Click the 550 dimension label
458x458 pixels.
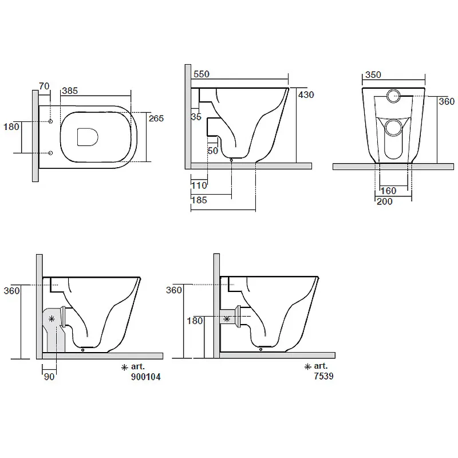(202, 74)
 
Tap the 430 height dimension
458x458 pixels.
(306, 94)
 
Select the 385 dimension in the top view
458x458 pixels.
(70, 91)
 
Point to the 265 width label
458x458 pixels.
(156, 119)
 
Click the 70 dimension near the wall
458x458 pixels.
(44, 86)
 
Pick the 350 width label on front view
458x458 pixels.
(373, 75)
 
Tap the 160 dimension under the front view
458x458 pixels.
(388, 191)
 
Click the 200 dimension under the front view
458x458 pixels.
(384, 202)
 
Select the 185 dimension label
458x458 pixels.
(199, 200)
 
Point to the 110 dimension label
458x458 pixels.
(199, 185)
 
